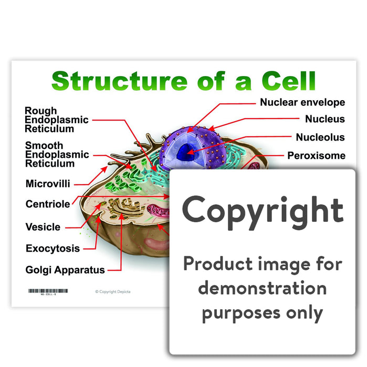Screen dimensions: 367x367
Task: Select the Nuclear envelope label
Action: tap(302, 102)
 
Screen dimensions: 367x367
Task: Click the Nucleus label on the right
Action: tap(325, 119)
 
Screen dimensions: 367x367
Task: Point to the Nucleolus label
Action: tap(320, 137)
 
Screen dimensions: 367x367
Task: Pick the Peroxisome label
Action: tap(316, 155)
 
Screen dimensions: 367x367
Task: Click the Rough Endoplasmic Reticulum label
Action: tap(57, 120)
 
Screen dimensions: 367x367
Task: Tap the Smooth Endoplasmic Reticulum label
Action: tap(57, 154)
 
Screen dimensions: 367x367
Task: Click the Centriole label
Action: tap(48, 204)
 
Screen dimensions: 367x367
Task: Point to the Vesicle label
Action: tap(43, 227)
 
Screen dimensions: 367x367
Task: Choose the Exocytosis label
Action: tap(53, 249)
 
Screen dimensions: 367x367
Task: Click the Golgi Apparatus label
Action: tap(65, 270)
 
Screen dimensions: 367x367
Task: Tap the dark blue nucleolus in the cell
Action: tap(185, 153)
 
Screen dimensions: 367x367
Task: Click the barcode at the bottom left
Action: tap(47, 290)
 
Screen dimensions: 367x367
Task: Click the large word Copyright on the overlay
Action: tap(263, 210)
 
